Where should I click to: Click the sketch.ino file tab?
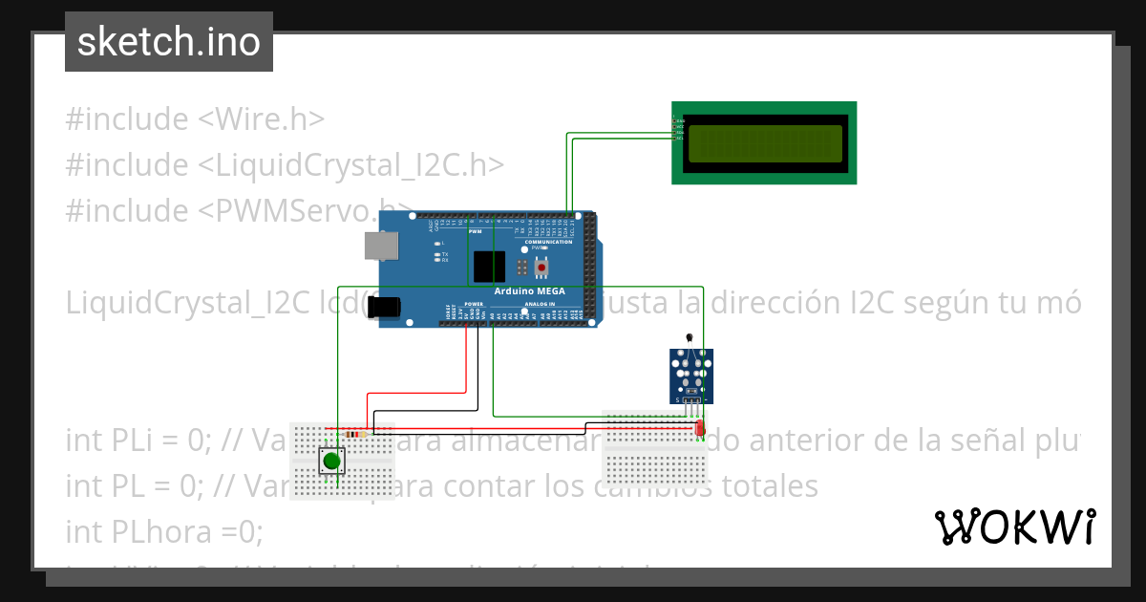(169, 42)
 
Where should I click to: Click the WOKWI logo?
(1014, 527)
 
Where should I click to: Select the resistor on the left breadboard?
(357, 435)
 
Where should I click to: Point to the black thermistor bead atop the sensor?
(690, 337)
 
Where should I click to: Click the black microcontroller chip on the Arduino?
(490, 265)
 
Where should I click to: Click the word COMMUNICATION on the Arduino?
(548, 242)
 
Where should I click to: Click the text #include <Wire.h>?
(195, 119)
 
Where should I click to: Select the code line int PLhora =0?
(163, 529)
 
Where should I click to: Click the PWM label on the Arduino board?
(475, 231)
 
